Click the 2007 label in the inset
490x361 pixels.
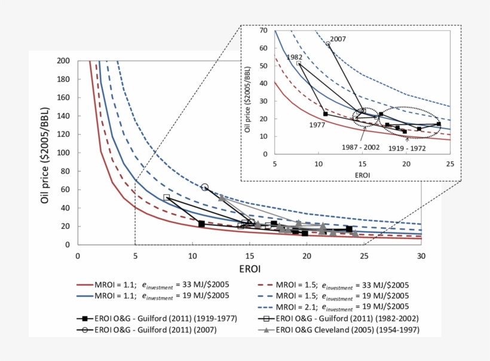pos(338,39)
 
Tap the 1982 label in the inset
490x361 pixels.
pos(295,57)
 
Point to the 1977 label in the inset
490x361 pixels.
pos(318,125)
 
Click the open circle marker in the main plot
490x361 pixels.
pos(205,188)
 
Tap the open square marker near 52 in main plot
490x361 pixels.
pos(167,197)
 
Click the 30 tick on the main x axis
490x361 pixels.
pos(421,256)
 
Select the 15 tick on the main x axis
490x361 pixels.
pos(249,256)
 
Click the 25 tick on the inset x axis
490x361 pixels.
pos(450,163)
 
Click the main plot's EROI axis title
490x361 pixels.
pos(249,270)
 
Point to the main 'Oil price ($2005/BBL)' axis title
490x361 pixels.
pos(45,153)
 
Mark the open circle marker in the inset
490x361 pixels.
pos(327,44)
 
